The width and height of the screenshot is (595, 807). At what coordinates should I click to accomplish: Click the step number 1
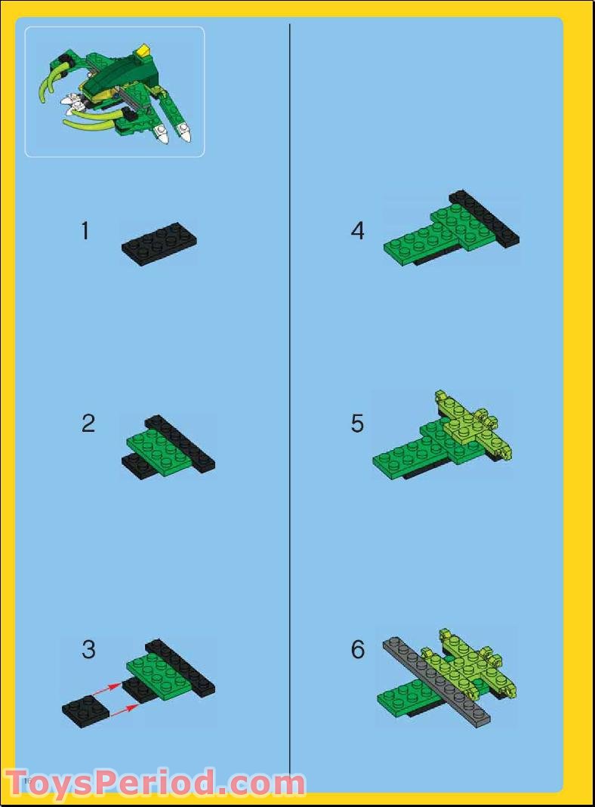click(85, 231)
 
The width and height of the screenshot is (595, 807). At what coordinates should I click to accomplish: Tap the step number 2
click(88, 424)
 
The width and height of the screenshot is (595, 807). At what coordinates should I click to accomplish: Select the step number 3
click(88, 649)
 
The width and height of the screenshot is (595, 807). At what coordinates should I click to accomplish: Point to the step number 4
click(357, 231)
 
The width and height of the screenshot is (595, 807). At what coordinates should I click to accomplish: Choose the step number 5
click(357, 424)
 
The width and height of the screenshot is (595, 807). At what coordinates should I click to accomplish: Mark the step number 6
click(357, 649)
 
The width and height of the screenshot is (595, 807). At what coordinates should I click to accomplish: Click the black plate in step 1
click(159, 244)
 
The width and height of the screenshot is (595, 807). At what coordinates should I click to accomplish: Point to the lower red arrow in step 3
click(123, 710)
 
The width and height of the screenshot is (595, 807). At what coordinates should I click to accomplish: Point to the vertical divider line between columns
click(290, 377)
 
